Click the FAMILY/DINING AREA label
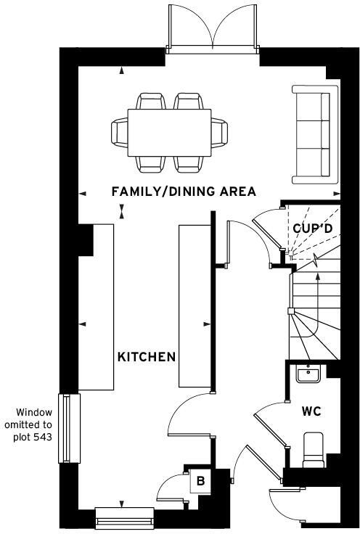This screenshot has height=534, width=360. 183,192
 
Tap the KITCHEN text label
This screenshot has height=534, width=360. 147,357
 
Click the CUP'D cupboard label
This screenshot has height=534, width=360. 313,228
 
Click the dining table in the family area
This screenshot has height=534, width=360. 171,133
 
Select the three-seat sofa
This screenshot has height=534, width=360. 316,134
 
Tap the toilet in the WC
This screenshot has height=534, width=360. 313,448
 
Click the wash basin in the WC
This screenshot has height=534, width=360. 309,374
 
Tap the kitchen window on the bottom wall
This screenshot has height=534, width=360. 124,517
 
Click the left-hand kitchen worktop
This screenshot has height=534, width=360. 98,308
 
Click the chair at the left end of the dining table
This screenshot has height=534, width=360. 119,133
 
